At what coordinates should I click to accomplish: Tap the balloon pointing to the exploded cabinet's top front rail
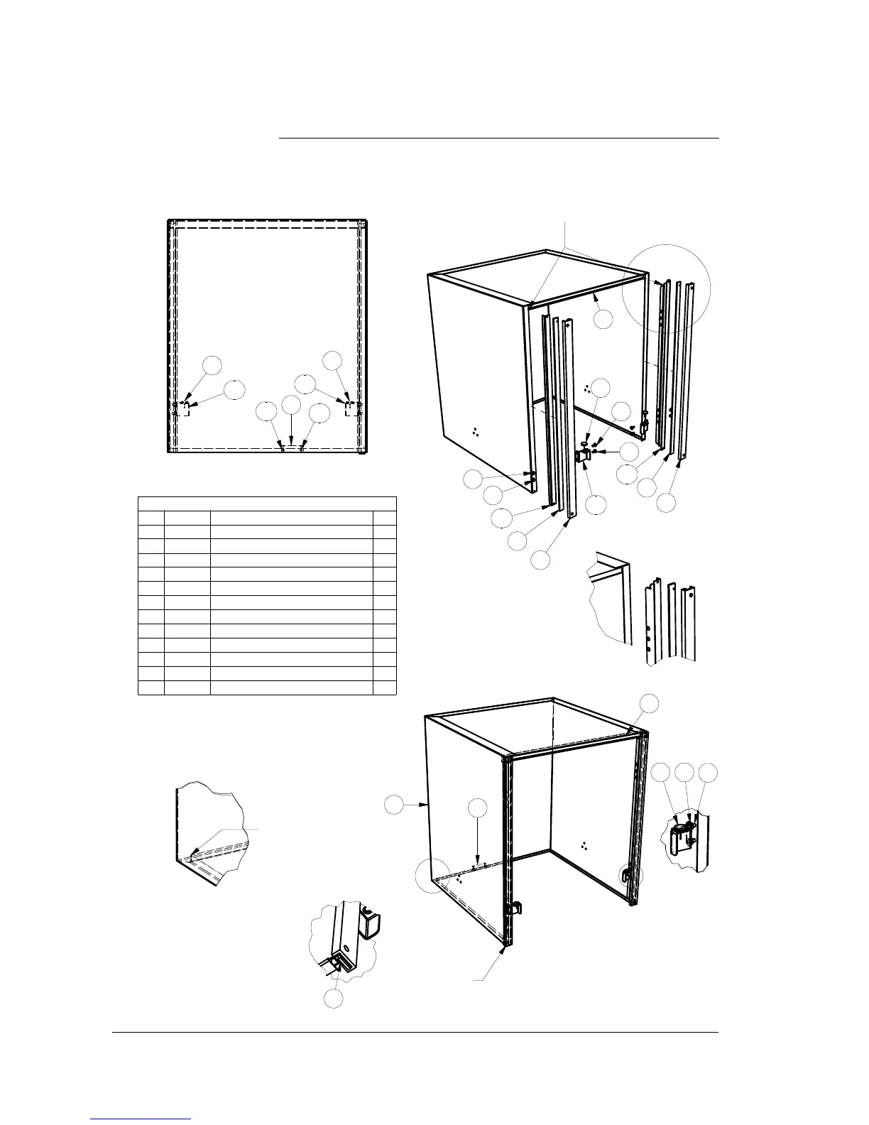pyautogui.click(x=603, y=319)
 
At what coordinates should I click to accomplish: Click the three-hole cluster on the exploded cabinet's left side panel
pyautogui.click(x=475, y=430)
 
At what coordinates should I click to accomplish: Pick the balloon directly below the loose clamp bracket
pyautogui.click(x=597, y=504)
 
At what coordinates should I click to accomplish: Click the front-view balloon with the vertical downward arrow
pyautogui.click(x=291, y=404)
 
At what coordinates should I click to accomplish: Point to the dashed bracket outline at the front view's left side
pyautogui.click(x=181, y=409)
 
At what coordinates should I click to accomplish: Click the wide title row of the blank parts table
pyautogui.click(x=266, y=503)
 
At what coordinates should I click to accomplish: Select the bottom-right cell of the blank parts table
pyautogui.click(x=385, y=687)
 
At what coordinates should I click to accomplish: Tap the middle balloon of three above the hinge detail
pyautogui.click(x=684, y=774)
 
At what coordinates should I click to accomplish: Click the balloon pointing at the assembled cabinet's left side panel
pyautogui.click(x=393, y=805)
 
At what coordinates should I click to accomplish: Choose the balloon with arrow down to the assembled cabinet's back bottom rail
pyautogui.click(x=478, y=808)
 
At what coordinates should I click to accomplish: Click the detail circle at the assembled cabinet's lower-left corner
pyautogui.click(x=433, y=876)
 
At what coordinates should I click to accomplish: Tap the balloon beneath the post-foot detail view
pyautogui.click(x=334, y=999)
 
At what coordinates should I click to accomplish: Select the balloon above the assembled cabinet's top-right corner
pyautogui.click(x=649, y=702)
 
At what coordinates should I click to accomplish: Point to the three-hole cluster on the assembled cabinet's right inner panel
pyautogui.click(x=584, y=845)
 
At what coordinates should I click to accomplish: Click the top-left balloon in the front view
pyautogui.click(x=212, y=365)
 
